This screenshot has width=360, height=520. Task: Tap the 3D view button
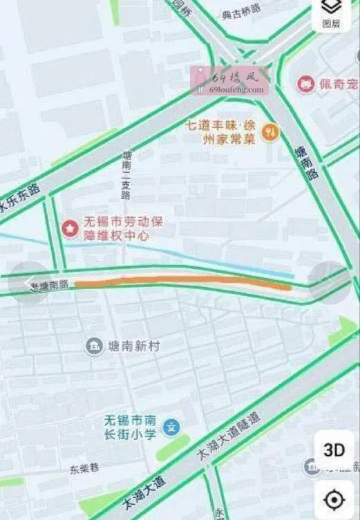(x=334, y=450)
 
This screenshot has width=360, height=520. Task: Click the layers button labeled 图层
(x=331, y=14)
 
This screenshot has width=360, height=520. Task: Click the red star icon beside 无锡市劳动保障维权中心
(x=70, y=228)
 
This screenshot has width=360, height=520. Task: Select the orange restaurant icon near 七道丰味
(x=272, y=131)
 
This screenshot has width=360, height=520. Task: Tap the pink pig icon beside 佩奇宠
(x=305, y=84)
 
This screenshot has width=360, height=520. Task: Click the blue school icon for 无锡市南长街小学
(x=176, y=427)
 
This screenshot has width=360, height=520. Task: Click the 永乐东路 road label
(x=20, y=201)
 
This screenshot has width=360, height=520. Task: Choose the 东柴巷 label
(x=84, y=468)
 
